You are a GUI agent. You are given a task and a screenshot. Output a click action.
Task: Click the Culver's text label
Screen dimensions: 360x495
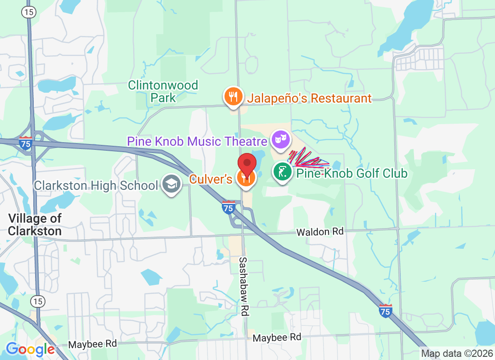(211, 179)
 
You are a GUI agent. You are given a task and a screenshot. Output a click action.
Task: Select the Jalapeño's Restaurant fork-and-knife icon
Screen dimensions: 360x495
(233, 98)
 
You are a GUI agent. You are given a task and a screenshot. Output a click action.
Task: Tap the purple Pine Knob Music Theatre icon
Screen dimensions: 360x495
(281, 139)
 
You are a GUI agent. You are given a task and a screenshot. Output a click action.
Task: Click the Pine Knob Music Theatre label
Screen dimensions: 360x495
(197, 141)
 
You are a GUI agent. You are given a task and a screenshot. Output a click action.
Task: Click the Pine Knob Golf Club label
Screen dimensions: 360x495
(351, 173)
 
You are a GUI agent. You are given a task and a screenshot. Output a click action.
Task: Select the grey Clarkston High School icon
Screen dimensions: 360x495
(171, 184)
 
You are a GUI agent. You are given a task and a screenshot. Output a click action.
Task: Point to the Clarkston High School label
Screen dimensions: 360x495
(96, 185)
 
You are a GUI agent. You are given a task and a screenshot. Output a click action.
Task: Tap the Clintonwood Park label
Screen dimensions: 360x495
(163, 91)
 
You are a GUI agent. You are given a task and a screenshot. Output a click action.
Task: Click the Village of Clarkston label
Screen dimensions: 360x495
(35, 225)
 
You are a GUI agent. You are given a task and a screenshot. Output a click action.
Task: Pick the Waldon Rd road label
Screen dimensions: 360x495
(319, 232)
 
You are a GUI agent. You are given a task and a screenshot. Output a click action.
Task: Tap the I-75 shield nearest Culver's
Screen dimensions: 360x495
(228, 207)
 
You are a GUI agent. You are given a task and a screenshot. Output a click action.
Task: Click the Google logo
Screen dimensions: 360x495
(31, 349)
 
